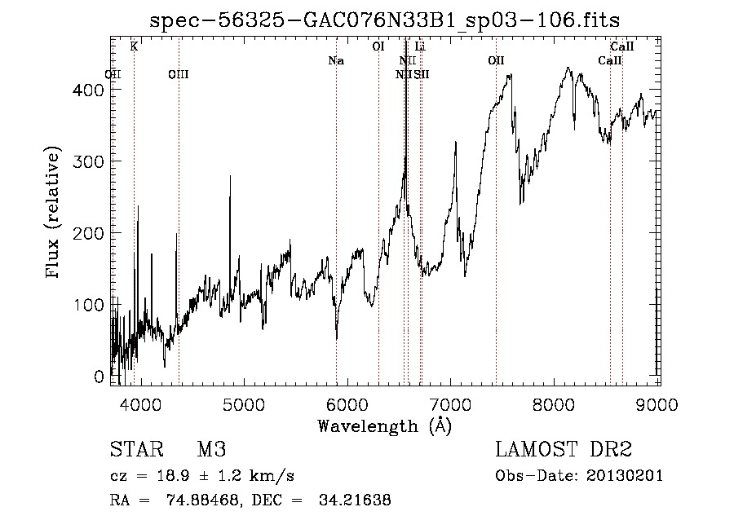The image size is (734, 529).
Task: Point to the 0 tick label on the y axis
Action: [99, 377]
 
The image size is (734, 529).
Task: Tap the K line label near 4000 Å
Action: [134, 46]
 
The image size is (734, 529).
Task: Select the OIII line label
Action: [178, 74]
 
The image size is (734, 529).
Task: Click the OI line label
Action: [378, 46]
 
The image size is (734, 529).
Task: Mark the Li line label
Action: [420, 46]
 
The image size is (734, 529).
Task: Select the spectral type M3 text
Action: [210, 449]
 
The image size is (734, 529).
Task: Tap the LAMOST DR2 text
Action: [564, 449]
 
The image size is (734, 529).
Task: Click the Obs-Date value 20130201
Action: [626, 475]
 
